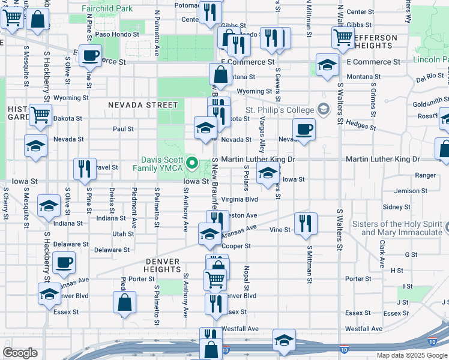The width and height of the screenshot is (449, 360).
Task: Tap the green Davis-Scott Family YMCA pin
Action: (x=192, y=163)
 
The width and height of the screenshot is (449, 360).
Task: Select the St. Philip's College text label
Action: (x=279, y=110)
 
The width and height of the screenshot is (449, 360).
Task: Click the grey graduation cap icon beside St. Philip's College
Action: (x=324, y=109)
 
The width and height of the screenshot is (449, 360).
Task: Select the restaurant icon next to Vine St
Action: (x=306, y=224)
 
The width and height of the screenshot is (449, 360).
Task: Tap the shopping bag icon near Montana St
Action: (x=221, y=75)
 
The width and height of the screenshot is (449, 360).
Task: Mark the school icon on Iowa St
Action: (x=268, y=174)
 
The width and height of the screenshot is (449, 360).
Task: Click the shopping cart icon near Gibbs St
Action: (x=343, y=37)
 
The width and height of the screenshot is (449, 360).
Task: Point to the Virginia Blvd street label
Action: (x=240, y=199)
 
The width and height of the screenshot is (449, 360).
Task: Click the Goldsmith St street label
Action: (x=430, y=103)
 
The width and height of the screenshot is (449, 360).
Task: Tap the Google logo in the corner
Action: (x=20, y=353)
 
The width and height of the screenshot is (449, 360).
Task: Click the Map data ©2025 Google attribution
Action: (x=412, y=355)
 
